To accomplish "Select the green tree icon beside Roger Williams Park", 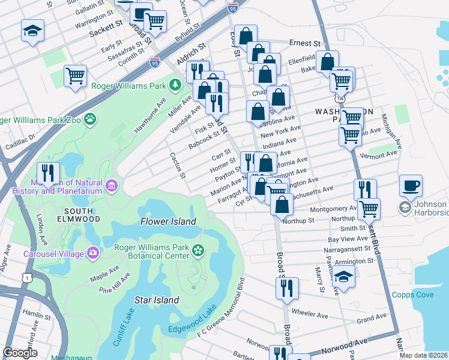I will (175, 85).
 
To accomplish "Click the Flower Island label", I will (168, 221).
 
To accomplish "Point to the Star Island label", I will (156, 299).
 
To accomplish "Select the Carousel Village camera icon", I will (92, 253).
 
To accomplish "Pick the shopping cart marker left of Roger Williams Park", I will (76, 76).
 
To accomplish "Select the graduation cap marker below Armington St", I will (343, 277).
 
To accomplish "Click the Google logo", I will (20, 353).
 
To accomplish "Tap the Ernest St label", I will (304, 43).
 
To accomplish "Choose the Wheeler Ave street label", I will (309, 313).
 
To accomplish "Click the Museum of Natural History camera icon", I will (111, 187).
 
